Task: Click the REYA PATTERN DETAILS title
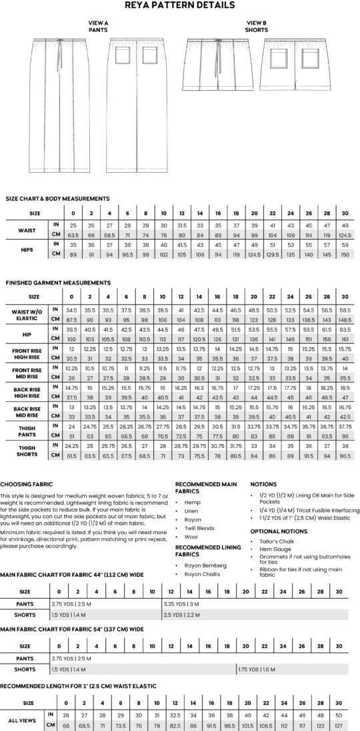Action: point(180,5)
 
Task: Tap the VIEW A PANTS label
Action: point(99,26)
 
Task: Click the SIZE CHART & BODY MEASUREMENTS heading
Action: point(57,198)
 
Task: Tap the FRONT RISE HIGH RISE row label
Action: point(27,352)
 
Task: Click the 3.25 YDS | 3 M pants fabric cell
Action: point(181,603)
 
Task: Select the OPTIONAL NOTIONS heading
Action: point(274,531)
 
